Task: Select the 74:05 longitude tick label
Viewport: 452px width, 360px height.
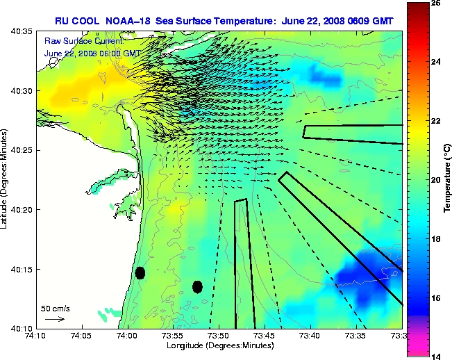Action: tap(82, 336)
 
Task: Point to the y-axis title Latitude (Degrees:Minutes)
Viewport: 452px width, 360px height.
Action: tap(6, 179)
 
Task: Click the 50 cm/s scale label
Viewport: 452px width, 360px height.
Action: tap(55, 308)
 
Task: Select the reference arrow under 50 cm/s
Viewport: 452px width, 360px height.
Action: tap(55, 319)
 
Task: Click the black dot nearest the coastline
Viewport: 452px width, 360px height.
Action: tap(140, 272)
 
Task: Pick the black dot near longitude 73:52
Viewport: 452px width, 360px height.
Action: tap(197, 286)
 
